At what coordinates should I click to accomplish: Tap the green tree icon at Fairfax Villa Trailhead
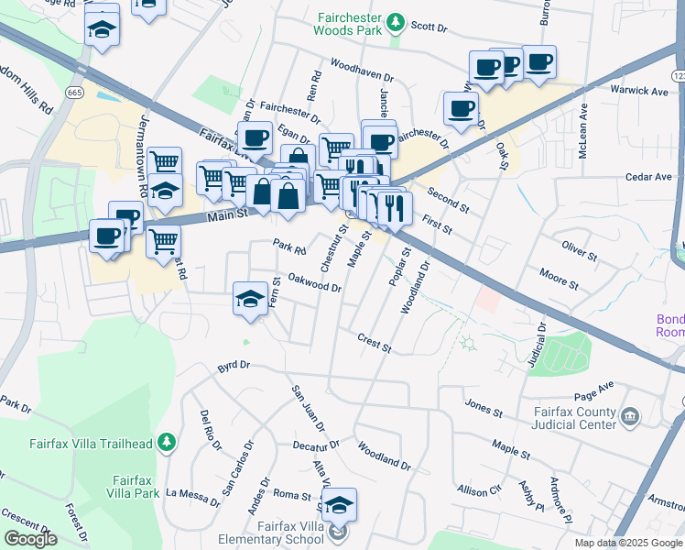(166, 443)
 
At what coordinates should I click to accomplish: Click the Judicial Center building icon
(629, 417)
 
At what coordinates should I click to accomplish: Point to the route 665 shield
(75, 92)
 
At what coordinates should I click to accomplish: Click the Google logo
(31, 539)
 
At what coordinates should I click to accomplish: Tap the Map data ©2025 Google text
(628, 543)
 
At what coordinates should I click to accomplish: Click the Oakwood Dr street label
(314, 281)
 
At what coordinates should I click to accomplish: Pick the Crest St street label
(375, 343)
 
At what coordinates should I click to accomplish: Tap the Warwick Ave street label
(640, 91)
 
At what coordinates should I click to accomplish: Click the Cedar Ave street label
(648, 177)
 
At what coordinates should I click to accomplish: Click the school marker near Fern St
(250, 299)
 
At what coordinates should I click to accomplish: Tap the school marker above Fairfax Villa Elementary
(338, 506)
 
